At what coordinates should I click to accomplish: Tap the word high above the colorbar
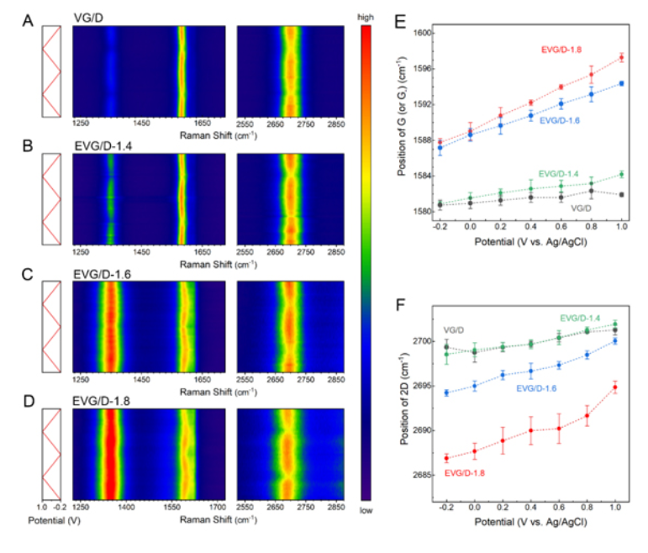pos(365,18)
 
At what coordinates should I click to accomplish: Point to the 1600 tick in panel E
pos(421,34)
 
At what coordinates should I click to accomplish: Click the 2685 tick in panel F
pos(421,475)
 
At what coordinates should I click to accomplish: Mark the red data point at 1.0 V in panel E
pos(621,57)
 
